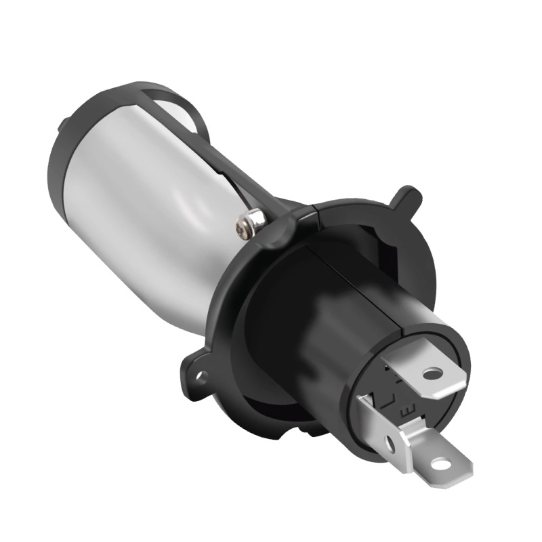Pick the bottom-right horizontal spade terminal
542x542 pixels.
434,454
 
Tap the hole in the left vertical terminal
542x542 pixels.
390,444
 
